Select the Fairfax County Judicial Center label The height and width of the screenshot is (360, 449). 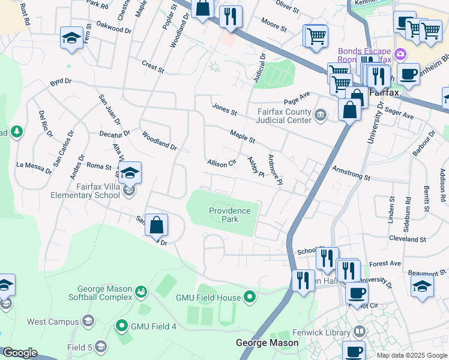[285, 115]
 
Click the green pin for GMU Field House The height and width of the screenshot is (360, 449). [250, 297]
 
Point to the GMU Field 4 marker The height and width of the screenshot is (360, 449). [122, 326]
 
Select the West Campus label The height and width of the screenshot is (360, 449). [53, 322]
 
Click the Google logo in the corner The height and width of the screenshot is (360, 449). [20, 353]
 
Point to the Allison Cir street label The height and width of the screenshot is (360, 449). [221, 163]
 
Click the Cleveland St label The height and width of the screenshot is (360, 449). [406, 238]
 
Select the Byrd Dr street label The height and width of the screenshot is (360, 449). [61, 81]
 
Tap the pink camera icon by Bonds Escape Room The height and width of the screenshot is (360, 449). [400, 55]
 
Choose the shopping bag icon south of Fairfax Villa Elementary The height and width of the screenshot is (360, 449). [156, 226]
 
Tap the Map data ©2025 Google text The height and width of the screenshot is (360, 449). [411, 355]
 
